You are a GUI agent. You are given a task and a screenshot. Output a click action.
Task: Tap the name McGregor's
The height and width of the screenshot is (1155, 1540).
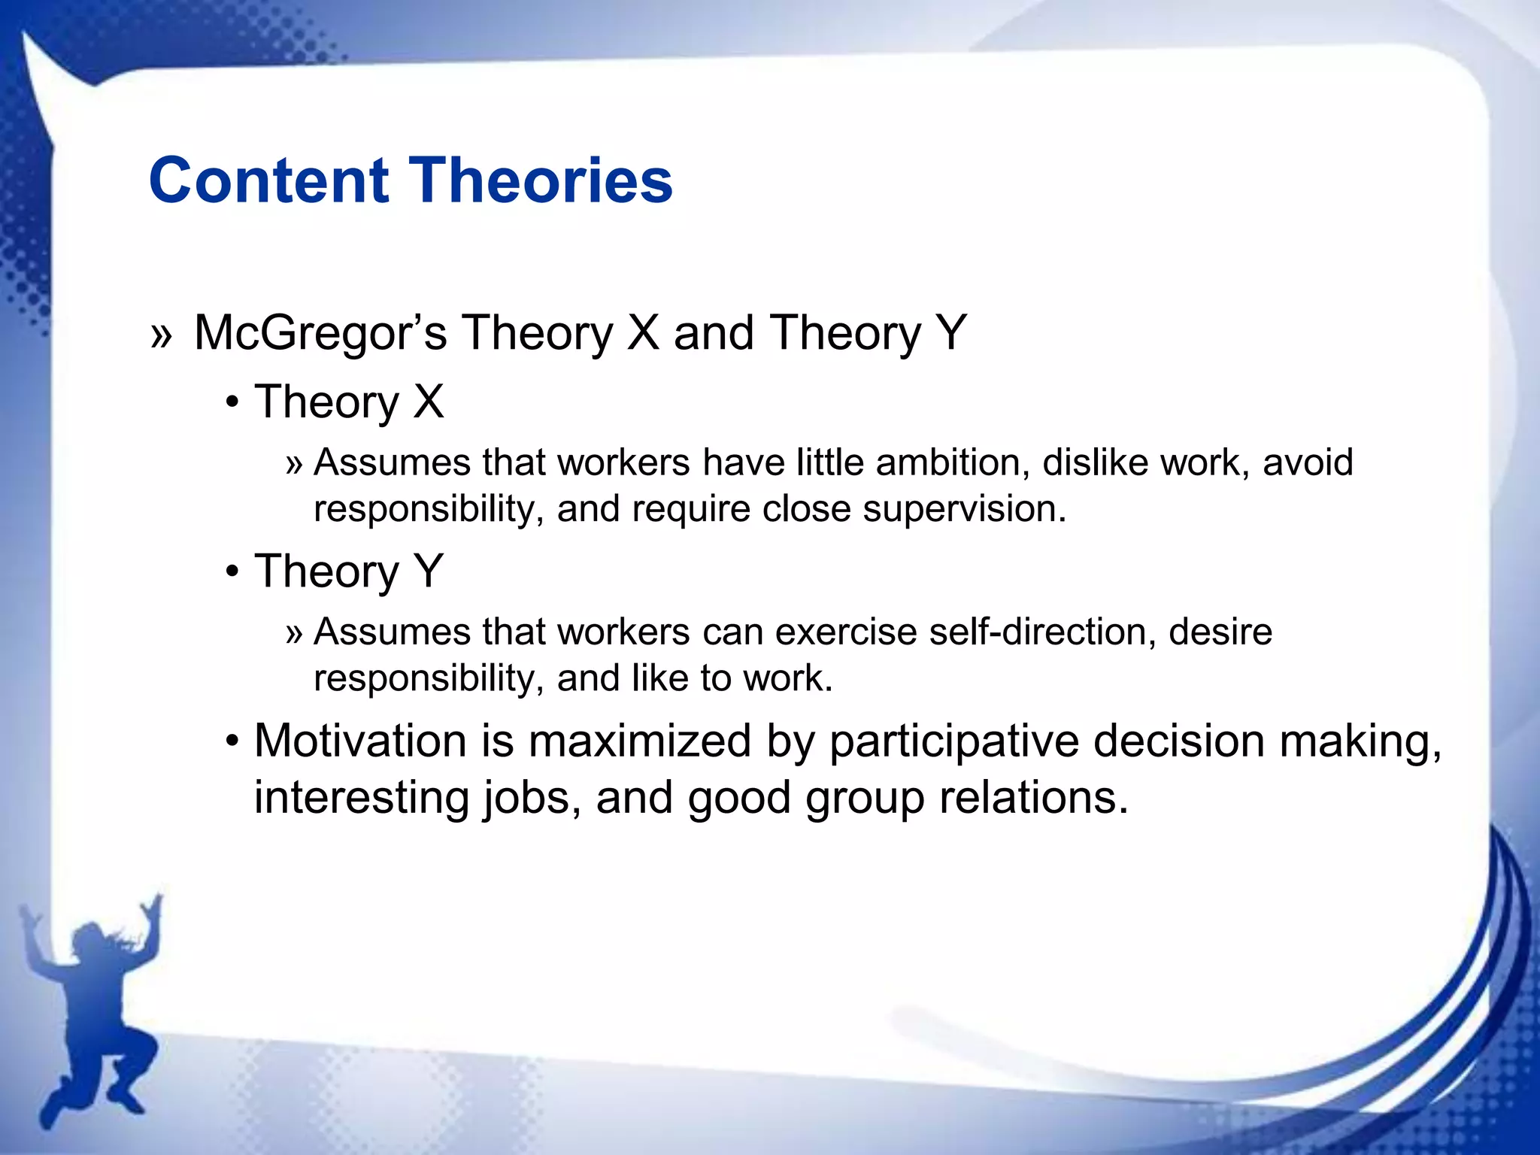320,333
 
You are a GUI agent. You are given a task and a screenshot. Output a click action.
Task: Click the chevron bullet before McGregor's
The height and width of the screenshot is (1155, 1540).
161,336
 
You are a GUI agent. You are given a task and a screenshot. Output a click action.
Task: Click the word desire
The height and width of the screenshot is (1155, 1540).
1220,632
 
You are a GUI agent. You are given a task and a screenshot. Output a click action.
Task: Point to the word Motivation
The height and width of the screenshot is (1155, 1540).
360,741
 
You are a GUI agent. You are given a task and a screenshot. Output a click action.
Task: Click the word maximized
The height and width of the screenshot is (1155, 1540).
639,741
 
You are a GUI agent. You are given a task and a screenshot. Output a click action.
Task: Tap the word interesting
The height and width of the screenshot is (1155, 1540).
361,798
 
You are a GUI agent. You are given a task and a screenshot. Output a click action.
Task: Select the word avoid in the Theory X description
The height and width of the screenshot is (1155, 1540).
1308,462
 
